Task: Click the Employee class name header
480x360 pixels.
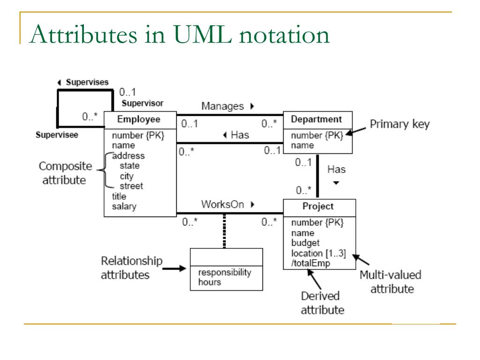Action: point(139,119)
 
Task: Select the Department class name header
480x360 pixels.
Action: point(316,119)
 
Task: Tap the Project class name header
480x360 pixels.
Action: point(318,206)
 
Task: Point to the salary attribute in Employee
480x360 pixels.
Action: point(124,206)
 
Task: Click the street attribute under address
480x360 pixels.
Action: point(131,186)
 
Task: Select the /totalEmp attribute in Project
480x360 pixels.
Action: point(311,263)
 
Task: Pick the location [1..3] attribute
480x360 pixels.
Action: point(318,253)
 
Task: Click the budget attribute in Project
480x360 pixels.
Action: point(305,243)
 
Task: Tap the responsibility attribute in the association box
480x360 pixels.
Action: point(225,273)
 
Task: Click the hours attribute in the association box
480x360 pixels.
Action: point(210,282)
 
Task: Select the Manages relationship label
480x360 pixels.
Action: point(223,106)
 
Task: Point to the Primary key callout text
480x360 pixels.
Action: point(399,125)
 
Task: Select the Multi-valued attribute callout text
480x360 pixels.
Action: point(390,282)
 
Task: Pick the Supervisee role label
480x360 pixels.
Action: point(57,135)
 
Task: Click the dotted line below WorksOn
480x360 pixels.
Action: point(225,232)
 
